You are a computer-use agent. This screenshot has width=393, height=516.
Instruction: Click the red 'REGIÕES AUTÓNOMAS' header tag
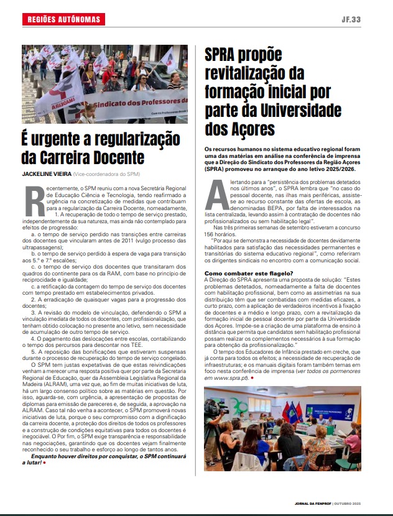pyautogui.click(x=64, y=20)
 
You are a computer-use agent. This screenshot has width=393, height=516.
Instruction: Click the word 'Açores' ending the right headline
pyautogui.click(x=249, y=129)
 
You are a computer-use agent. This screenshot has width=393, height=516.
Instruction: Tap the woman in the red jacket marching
pyautogui.click(x=114, y=81)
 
